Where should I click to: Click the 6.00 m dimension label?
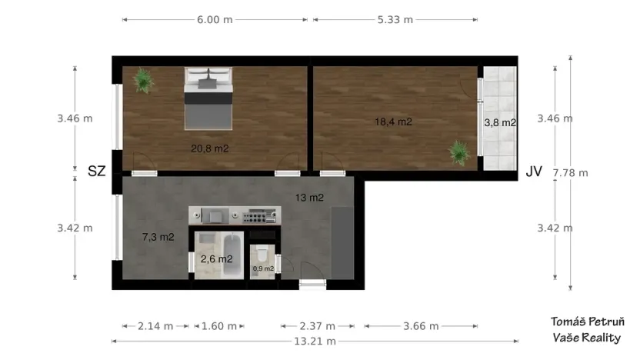(x=215, y=19)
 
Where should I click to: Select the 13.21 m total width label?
(x=315, y=341)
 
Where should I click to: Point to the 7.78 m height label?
(x=570, y=172)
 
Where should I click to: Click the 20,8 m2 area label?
(x=210, y=148)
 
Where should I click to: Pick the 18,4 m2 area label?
(x=393, y=122)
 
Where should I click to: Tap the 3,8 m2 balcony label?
(x=499, y=122)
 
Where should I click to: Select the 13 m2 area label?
(x=308, y=198)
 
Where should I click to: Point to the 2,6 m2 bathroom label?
(x=216, y=259)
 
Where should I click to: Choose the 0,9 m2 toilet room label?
(x=263, y=268)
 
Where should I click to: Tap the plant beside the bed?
(x=142, y=79)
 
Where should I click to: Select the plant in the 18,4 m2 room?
(x=459, y=152)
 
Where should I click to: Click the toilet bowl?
(x=263, y=252)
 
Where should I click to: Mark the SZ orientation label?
(x=96, y=171)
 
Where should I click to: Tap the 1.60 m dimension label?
(x=219, y=325)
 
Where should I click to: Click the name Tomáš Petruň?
(x=588, y=322)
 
